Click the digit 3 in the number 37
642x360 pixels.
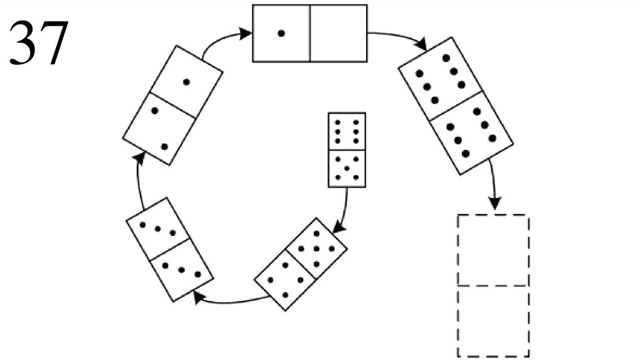tap(23, 43)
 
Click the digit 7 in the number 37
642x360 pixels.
tap(53, 43)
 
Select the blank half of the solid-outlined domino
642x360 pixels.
tap(338, 33)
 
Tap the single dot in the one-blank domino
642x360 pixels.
tap(282, 34)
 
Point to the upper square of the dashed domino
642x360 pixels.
tap(493, 250)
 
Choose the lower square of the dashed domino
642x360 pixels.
tap(493, 320)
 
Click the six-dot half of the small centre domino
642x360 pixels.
tap(347, 131)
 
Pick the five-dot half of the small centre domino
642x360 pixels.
tap(347, 168)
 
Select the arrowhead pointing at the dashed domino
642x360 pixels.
tap(495, 204)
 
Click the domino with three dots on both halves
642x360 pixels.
tap(169, 248)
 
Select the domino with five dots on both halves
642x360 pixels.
tap(456, 105)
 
